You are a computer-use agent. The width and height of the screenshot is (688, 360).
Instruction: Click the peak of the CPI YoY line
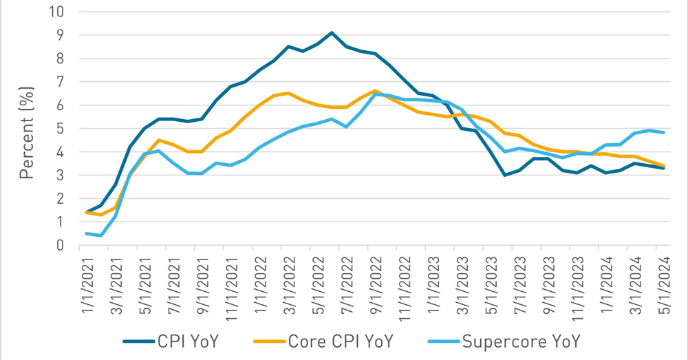pos(332,32)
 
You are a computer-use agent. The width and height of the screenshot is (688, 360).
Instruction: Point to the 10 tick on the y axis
pos(56,12)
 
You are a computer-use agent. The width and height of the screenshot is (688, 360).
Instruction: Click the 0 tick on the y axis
pos(60,245)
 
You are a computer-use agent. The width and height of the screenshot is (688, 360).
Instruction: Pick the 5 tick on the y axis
pos(60,129)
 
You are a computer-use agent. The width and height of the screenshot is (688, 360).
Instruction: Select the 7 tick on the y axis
pos(60,82)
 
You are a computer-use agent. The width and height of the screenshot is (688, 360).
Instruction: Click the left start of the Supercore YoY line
pos(85,233)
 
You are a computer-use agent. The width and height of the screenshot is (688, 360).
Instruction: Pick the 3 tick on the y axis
pos(60,175)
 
